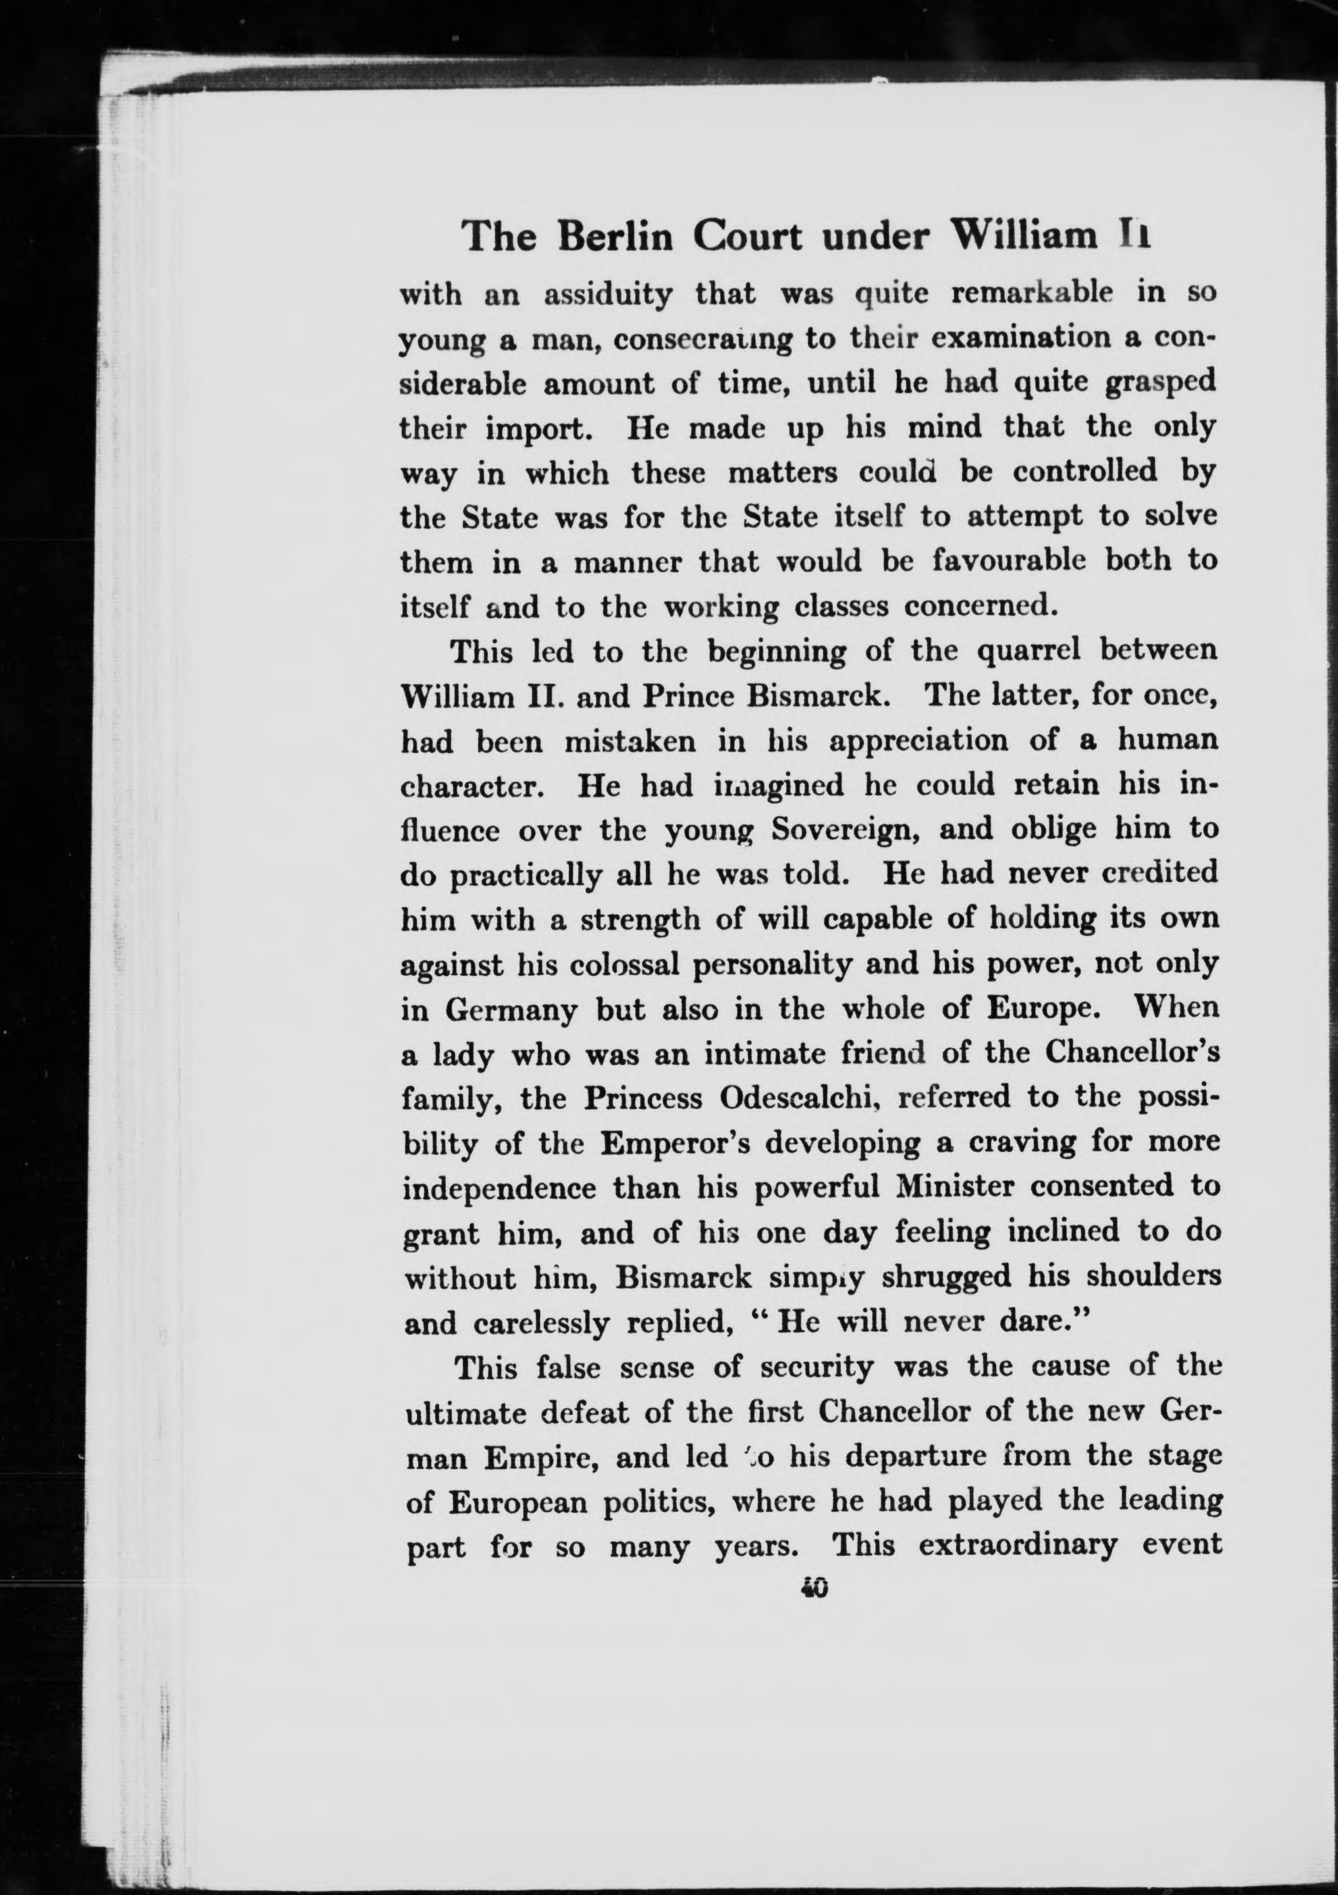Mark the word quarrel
1029,651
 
